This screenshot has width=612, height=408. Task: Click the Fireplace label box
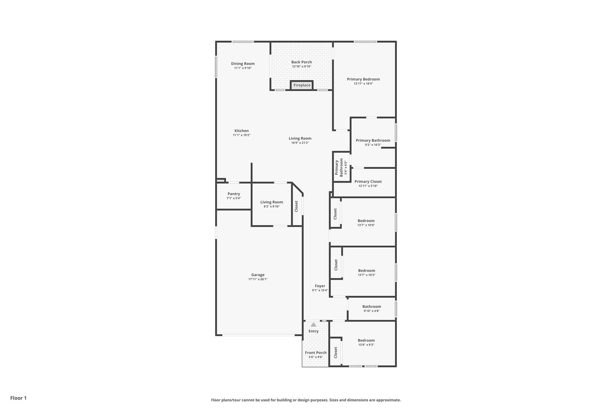pos(302,85)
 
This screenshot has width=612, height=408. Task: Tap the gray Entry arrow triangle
pos(313,325)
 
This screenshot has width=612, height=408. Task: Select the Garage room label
pos(258,275)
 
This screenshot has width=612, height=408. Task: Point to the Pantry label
pos(234,194)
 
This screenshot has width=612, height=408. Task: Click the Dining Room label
pos(243,64)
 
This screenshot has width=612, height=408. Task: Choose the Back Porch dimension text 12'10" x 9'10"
pos(302,67)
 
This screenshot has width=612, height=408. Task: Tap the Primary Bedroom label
pos(363,79)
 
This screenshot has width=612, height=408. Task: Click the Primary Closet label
pos(368,181)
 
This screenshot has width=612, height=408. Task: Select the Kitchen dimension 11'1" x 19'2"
pos(242,135)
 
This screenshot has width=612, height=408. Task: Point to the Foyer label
pos(320,286)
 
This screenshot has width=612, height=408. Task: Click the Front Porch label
pos(316,353)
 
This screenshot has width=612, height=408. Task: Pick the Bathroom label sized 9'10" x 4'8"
pos(372,306)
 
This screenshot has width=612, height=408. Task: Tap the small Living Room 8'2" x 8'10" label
pos(272,202)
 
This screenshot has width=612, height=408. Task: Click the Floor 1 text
pos(19,398)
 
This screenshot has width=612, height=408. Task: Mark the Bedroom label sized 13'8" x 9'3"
pos(366,340)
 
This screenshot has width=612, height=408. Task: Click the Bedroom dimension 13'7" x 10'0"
pos(366,225)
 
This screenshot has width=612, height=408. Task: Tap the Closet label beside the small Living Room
pos(296,206)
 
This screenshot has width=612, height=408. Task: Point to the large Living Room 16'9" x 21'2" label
pos(300,138)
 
